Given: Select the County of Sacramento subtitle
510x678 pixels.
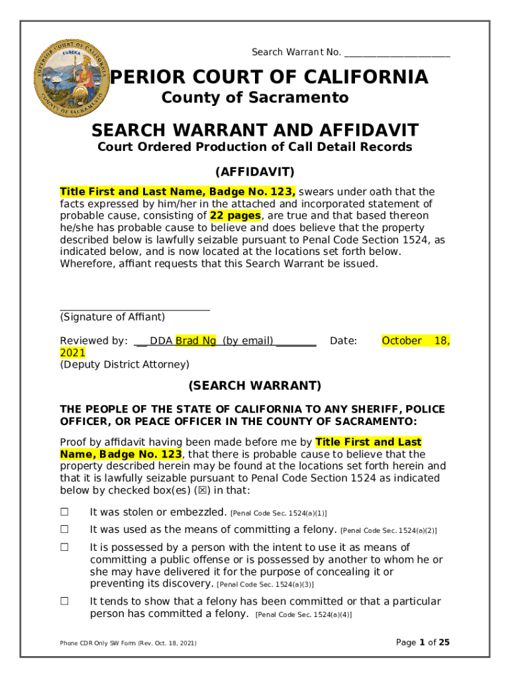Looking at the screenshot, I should (x=255, y=98).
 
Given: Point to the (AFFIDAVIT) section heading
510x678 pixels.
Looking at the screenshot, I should (x=255, y=172).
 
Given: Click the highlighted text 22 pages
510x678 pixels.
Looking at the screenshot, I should (x=235, y=216).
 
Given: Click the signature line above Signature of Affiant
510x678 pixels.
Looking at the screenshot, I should (x=135, y=309).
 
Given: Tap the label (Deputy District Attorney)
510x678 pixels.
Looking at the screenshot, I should (x=125, y=365).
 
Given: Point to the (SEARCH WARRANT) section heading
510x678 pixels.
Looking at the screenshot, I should (x=255, y=385).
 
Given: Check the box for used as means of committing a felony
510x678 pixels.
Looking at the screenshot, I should (x=65, y=530).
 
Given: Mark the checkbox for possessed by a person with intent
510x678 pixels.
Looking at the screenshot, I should (x=65, y=548).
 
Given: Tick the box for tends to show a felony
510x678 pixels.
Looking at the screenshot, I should (x=65, y=602).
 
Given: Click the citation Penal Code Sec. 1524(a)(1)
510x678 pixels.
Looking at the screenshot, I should (x=278, y=513).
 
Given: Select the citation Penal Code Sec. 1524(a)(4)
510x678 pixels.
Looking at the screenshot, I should (x=303, y=615).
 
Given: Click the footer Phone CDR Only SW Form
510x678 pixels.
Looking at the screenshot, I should (x=128, y=643).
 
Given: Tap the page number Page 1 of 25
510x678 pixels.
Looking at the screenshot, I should (x=423, y=642).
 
